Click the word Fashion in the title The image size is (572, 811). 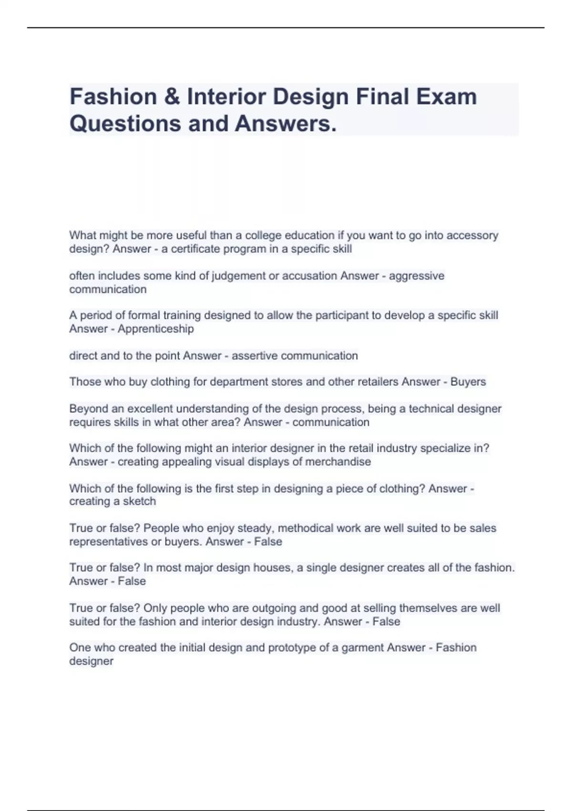pyautogui.click(x=113, y=97)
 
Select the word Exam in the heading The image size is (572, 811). pyautogui.click(x=447, y=97)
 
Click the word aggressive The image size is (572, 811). pyautogui.click(x=417, y=276)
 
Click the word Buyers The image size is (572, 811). pyautogui.click(x=468, y=382)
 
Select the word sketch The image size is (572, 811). pyautogui.click(x=140, y=501)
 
